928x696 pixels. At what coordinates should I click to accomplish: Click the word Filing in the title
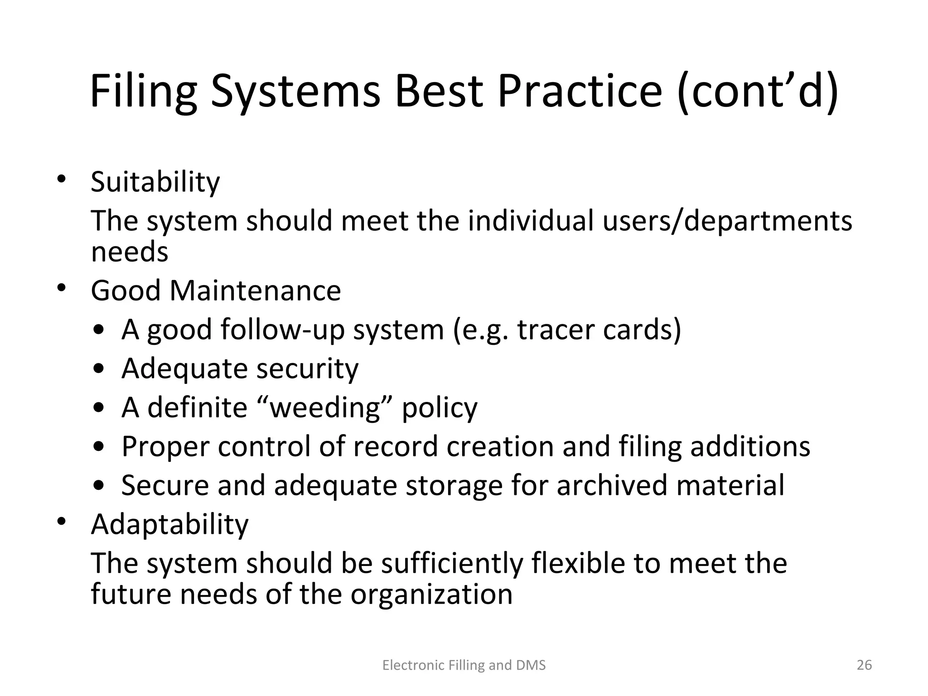click(144, 92)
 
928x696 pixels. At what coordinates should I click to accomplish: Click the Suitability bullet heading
click(155, 182)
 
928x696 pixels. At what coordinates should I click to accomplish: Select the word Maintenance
click(255, 290)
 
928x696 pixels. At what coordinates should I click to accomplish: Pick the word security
click(308, 368)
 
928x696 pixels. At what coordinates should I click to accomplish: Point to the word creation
click(500, 446)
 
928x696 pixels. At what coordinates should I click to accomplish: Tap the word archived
click(612, 485)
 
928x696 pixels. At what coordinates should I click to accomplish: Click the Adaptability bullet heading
click(169, 525)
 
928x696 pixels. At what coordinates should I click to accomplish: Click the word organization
click(431, 594)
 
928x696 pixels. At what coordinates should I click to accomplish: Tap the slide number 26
click(865, 665)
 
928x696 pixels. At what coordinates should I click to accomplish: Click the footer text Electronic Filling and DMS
click(464, 665)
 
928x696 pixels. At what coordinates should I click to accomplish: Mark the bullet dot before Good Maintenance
click(62, 288)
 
